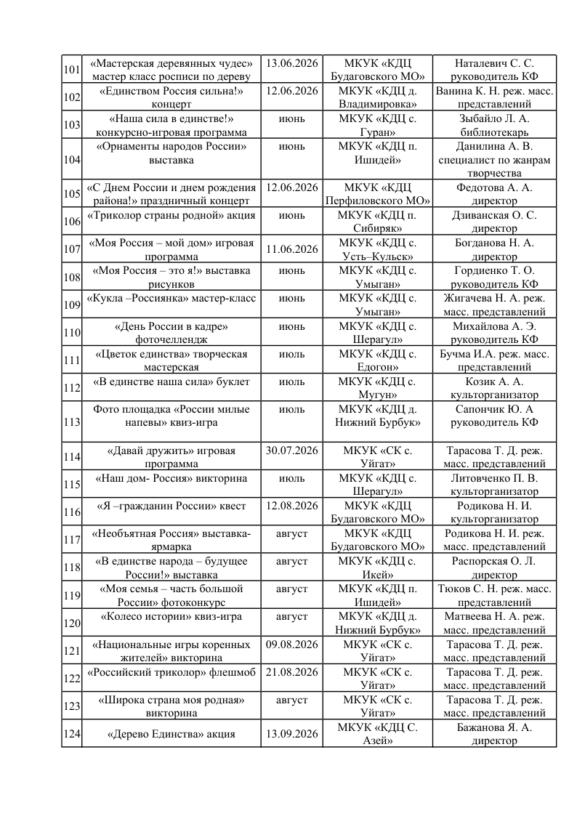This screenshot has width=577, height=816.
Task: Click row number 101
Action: (71, 70)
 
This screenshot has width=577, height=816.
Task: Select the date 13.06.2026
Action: (292, 64)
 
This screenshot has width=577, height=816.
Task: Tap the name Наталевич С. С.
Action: (494, 64)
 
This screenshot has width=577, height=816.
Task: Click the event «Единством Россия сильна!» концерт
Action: (171, 97)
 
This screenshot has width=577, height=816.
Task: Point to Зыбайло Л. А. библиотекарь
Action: (494, 125)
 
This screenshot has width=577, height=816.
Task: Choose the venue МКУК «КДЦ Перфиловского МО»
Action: (378, 194)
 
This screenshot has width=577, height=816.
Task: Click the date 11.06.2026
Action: (292, 249)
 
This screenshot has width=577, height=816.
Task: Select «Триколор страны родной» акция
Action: (171, 216)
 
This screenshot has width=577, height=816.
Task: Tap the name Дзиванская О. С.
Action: (494, 216)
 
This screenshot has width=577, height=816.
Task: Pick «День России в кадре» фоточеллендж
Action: (171, 332)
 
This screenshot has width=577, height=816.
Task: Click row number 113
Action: (71, 421)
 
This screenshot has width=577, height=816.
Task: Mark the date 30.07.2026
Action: (292, 451)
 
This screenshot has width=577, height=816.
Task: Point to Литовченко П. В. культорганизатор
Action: (494, 485)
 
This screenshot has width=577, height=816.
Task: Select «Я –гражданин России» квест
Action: (171, 506)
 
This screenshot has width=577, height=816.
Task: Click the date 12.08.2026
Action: (292, 506)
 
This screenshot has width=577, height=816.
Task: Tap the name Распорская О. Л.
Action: (494, 562)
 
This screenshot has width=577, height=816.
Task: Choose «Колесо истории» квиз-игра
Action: (171, 617)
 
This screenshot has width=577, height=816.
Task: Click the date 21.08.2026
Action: (292, 672)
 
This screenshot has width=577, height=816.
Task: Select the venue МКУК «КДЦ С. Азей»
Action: (378, 733)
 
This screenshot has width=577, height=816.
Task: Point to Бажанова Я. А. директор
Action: (494, 733)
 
